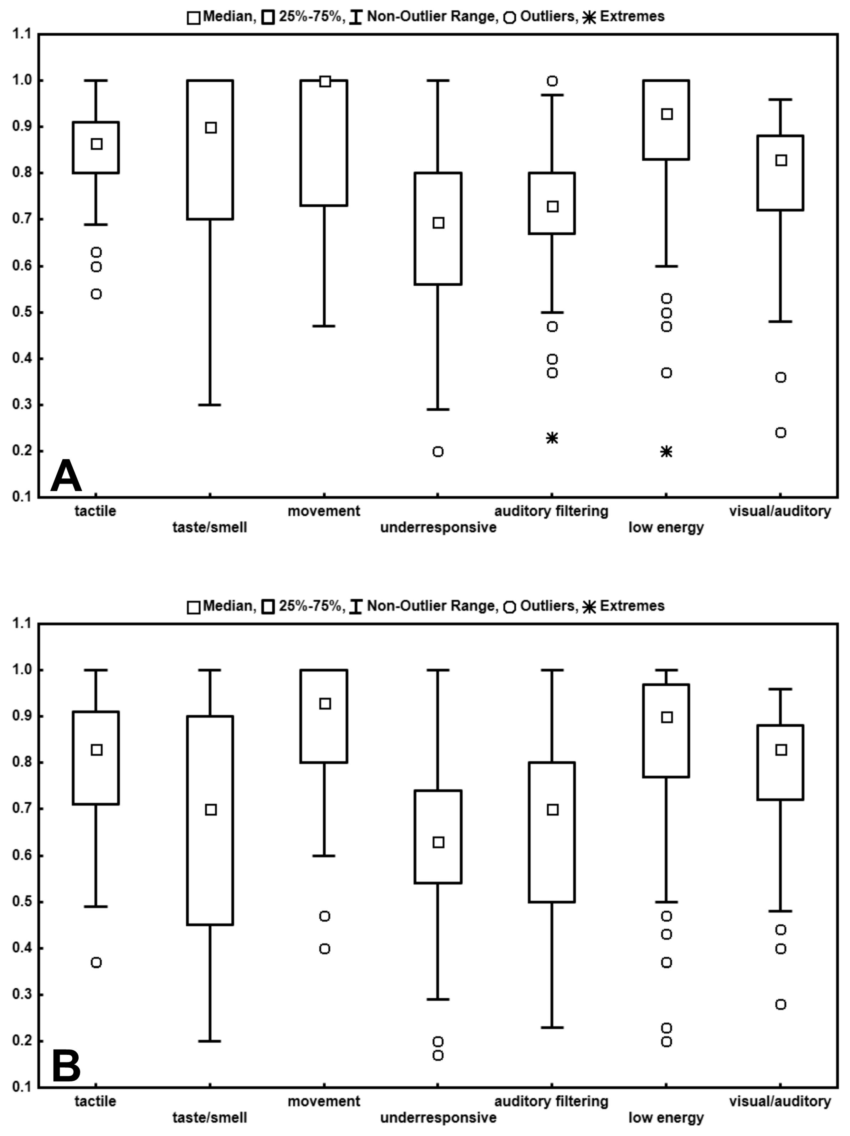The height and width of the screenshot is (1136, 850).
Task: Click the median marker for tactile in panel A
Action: [96, 144]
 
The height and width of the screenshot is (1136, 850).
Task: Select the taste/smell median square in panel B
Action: [210, 809]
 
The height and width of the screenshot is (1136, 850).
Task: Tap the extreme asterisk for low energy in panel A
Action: [666, 451]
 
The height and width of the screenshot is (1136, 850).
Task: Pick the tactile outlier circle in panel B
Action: [96, 962]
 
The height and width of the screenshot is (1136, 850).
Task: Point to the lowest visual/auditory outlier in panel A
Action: [780, 432]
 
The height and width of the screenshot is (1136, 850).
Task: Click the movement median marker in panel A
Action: [325, 81]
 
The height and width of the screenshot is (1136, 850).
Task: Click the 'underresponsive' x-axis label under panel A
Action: [438, 527]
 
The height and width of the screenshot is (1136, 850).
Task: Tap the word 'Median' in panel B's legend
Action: [228, 606]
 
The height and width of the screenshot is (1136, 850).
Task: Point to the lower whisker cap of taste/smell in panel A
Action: [210, 405]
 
